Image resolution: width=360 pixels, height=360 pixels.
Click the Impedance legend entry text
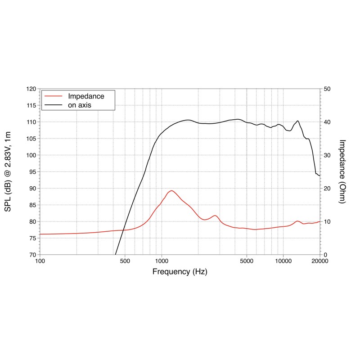86,96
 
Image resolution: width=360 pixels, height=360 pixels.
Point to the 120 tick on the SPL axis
31,89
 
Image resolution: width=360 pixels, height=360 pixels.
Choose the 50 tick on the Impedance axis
328,89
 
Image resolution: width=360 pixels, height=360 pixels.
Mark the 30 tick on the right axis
328,155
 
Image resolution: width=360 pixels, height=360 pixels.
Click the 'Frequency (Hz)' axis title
180,272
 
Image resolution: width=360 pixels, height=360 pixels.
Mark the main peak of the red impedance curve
171,190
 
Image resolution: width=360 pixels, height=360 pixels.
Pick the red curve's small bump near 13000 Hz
297,221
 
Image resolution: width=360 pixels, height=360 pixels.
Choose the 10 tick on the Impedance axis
328,221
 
